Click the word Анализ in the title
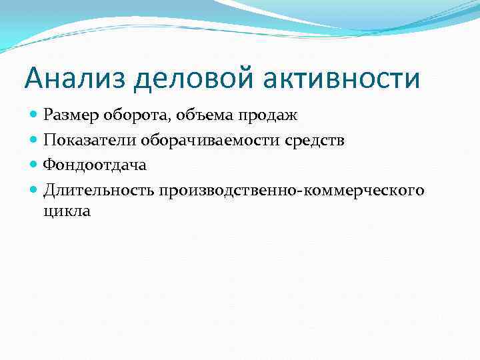coord(75,79)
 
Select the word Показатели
coord(89,140)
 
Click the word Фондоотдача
coord(95,165)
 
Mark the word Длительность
coord(99,191)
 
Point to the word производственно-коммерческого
coord(291,191)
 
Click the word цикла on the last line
coord(67,212)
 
